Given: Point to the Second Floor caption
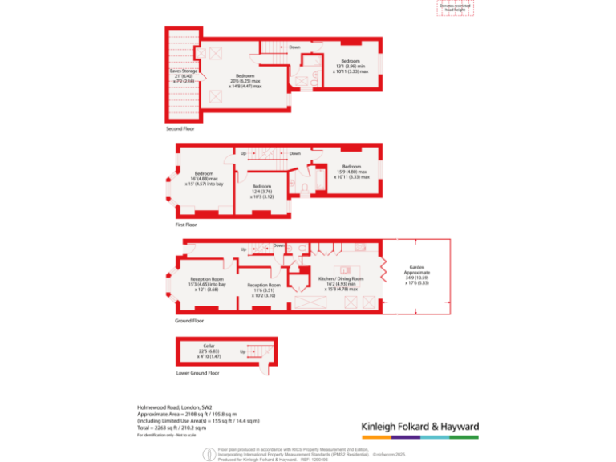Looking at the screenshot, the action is tap(180, 128).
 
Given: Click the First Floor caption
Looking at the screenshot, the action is tap(185, 225).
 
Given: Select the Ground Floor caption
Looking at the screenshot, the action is tap(188, 321).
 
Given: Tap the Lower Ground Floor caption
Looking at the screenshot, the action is tap(197, 373).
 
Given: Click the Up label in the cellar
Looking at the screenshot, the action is tap(242, 351).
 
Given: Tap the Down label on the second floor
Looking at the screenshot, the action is tap(294, 47).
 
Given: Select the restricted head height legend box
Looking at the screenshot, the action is tap(456, 8).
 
